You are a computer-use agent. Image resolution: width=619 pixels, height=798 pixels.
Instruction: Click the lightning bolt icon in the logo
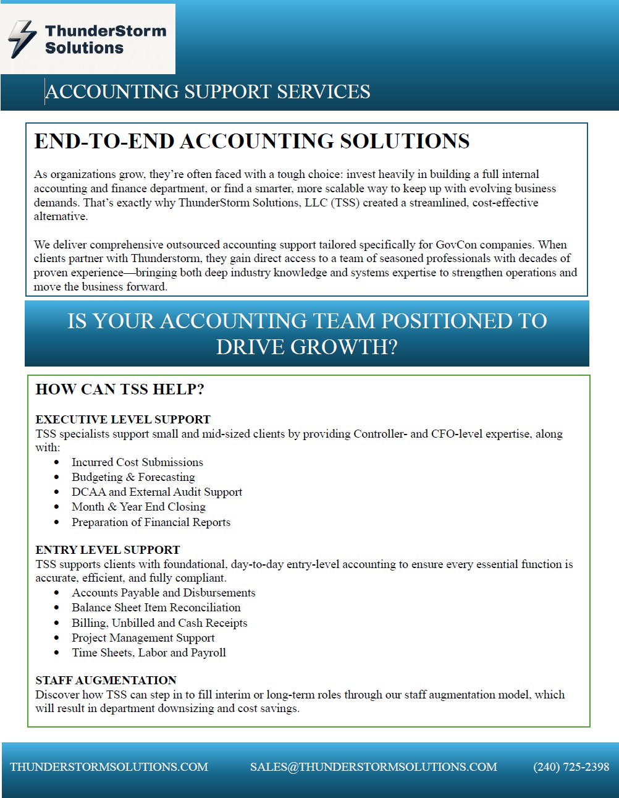tap(23, 39)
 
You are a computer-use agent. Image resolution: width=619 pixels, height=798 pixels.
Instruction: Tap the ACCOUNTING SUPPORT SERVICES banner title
tap(208, 92)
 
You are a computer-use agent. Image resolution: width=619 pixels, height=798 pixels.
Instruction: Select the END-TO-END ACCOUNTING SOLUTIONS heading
tap(251, 142)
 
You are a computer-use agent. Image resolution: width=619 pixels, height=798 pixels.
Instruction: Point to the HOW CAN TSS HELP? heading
tap(120, 389)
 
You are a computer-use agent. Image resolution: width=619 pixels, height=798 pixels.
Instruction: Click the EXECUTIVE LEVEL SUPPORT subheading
tap(123, 420)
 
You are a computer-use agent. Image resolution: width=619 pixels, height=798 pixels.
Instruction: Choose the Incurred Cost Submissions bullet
tap(137, 462)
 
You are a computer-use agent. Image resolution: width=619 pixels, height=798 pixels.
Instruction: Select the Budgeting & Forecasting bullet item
tap(133, 477)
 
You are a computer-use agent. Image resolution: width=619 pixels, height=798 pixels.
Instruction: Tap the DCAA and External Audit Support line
tap(157, 492)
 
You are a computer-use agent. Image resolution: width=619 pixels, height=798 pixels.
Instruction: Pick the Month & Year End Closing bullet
tap(138, 507)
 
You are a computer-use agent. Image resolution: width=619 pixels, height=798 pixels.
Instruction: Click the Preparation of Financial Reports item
tap(151, 522)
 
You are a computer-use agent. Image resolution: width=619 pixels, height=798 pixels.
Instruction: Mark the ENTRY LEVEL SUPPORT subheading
tap(107, 550)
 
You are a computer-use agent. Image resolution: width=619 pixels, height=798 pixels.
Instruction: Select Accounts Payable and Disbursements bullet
tap(163, 593)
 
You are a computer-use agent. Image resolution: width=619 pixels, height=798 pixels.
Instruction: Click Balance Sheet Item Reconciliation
tap(156, 608)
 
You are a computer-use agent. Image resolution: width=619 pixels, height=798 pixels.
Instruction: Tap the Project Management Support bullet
tap(143, 638)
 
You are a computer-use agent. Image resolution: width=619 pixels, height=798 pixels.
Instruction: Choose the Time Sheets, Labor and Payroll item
tap(149, 653)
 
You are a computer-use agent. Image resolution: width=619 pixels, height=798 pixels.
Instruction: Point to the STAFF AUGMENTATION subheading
tap(106, 681)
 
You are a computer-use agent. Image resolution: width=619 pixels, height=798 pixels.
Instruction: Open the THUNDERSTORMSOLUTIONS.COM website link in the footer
tap(109, 767)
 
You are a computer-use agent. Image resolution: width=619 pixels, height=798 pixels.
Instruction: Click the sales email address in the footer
tap(373, 767)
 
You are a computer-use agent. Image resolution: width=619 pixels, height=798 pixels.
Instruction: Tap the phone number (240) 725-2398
tap(571, 767)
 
